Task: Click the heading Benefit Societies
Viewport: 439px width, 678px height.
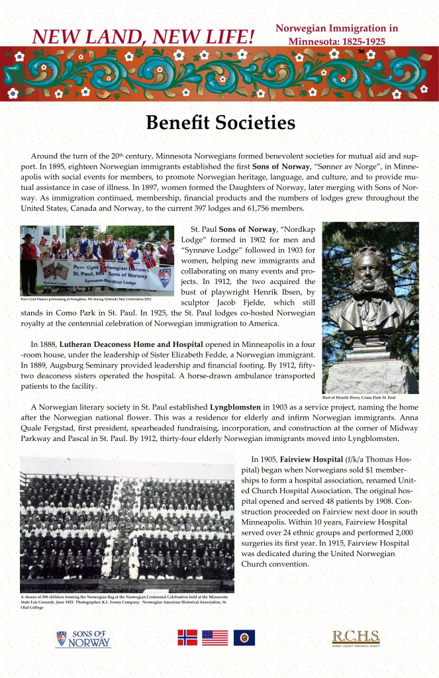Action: pos(220,123)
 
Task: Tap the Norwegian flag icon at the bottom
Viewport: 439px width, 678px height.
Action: pos(187,637)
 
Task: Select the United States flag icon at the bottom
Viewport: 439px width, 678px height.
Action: pos(215,637)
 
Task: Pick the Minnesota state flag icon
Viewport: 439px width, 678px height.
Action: pos(244,637)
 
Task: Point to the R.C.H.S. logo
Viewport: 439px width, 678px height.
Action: pos(356,638)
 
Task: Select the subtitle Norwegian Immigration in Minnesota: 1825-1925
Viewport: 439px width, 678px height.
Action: pos(336,34)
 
